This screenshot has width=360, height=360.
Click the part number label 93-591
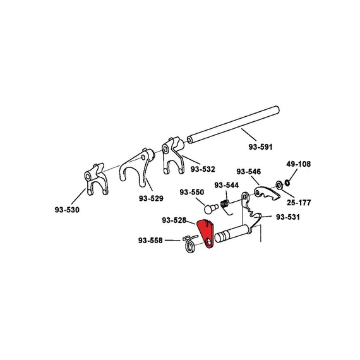(x=260, y=147)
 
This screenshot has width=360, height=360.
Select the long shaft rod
(x=233, y=125)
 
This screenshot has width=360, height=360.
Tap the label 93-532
(x=203, y=169)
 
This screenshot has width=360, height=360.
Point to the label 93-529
(x=151, y=198)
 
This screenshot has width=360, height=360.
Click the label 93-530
(x=67, y=210)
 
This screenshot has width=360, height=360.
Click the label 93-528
(x=174, y=220)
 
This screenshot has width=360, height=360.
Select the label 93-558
(x=150, y=241)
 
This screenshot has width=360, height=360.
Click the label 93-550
(x=192, y=192)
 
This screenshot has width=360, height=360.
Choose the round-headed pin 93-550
(x=211, y=208)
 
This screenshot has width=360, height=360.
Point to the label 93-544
(x=227, y=185)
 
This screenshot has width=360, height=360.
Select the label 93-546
(x=249, y=172)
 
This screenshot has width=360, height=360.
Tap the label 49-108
(x=298, y=164)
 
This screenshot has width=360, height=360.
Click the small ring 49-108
(x=287, y=183)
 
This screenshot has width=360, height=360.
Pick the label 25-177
(x=299, y=203)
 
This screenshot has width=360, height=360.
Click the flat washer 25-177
(x=279, y=184)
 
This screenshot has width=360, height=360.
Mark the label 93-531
(x=287, y=217)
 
